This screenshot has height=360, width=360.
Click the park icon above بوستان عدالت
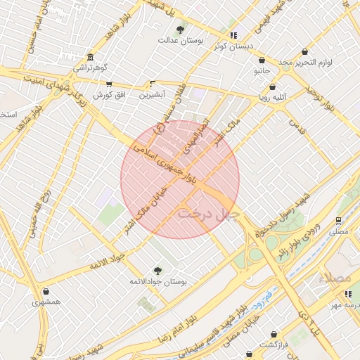pyautogui.click(x=181, y=30)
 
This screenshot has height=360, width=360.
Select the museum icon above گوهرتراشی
pyautogui.click(x=89, y=58)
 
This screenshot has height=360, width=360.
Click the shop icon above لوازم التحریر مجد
pyautogui.click(x=304, y=51)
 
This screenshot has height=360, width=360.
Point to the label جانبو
pyautogui.click(x=259, y=72)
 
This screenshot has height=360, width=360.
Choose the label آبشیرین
pyautogui.click(x=152, y=94)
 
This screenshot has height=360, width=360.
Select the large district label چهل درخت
pyautogui.click(x=209, y=212)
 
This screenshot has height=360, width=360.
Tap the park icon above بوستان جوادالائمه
pyautogui.click(x=157, y=270)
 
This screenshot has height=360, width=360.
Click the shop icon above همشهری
pyautogui.click(x=46, y=291)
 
